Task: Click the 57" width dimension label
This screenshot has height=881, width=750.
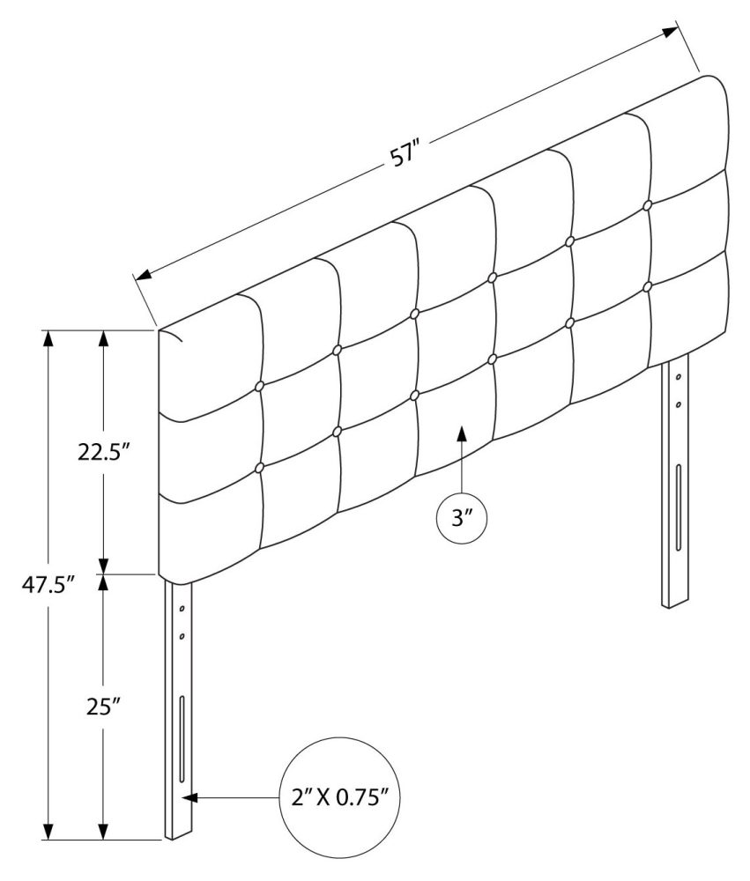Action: point(406,156)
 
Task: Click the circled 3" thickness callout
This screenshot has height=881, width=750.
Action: point(462,519)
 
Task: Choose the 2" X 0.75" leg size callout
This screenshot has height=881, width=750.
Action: point(340,797)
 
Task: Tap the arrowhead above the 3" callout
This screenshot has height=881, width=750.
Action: point(462,433)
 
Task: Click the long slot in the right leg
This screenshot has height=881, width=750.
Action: point(679,508)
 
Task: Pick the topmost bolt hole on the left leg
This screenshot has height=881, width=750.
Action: point(182,609)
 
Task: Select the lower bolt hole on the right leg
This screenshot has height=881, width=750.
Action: point(679,404)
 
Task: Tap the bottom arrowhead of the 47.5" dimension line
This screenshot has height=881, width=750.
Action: point(48,831)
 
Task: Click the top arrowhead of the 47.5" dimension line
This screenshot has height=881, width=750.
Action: point(48,340)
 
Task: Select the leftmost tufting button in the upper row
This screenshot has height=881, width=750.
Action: point(260,386)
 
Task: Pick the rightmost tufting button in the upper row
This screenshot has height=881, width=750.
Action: point(647,205)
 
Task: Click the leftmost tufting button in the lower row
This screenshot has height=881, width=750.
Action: point(260,468)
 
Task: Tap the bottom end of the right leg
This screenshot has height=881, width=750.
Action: point(675,604)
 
